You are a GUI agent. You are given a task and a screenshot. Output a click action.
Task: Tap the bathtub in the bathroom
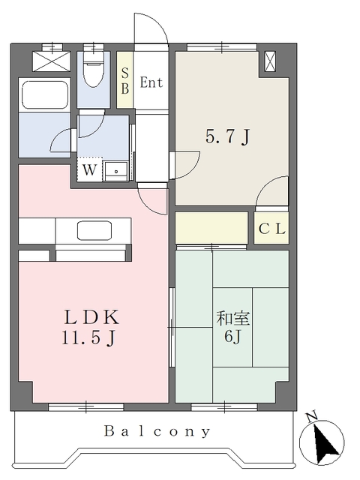click(x=45, y=94)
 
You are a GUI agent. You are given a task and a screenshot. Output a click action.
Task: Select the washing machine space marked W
click(x=90, y=169)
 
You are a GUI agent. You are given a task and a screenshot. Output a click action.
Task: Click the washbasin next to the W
click(x=116, y=171)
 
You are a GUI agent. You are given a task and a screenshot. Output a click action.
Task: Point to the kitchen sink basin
click(x=94, y=230)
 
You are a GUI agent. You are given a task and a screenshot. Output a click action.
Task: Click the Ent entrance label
click(x=151, y=82)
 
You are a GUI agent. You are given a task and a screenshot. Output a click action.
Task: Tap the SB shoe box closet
click(x=125, y=80)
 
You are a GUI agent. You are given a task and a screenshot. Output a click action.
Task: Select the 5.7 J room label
click(x=228, y=136)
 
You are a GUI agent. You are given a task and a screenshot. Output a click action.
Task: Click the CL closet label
click(x=272, y=229)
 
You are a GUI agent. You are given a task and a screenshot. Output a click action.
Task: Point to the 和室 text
click(x=233, y=318)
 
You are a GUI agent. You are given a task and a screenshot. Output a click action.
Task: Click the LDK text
click(x=91, y=317)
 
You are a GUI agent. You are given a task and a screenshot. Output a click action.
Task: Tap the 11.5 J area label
click(x=88, y=337)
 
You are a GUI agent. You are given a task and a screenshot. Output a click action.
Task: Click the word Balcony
click(x=157, y=431)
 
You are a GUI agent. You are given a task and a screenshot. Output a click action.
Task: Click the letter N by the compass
click(x=312, y=417)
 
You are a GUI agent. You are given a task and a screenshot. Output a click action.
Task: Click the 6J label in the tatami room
click(x=233, y=337)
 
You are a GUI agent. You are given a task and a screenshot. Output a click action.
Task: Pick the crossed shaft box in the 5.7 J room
click(x=270, y=61)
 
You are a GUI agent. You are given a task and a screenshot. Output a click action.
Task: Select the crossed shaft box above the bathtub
click(x=52, y=61)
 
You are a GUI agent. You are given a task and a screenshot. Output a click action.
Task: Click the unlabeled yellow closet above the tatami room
click(x=211, y=228)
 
